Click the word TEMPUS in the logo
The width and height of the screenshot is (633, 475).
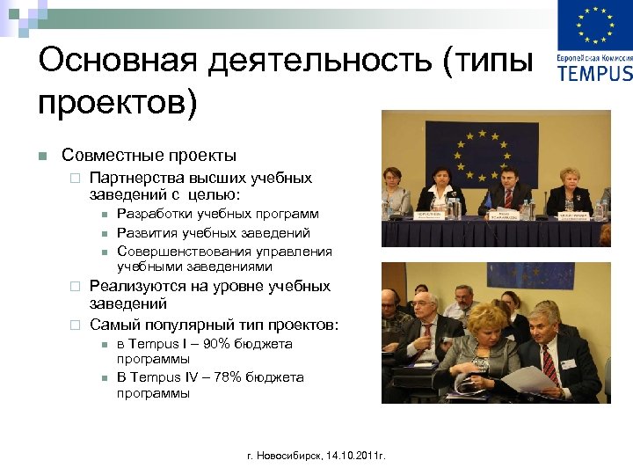(x=594, y=73)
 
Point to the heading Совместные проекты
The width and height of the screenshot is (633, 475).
(x=149, y=156)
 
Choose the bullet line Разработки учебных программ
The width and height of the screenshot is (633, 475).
(x=218, y=214)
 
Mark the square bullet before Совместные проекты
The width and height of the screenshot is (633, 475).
(x=42, y=157)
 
